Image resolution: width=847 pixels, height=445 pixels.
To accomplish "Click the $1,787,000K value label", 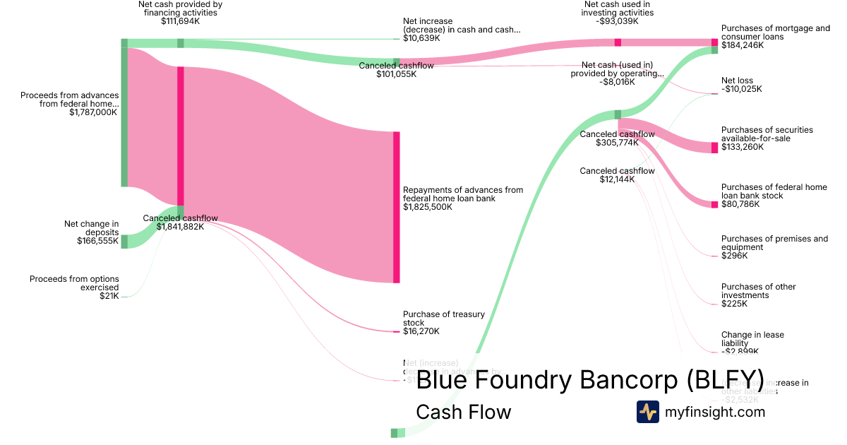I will click(93, 112).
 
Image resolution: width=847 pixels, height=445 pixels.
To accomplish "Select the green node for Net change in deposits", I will click(124, 242).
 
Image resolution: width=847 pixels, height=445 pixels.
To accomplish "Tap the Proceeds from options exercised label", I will click(74, 283).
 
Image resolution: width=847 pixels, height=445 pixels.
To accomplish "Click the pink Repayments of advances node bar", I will click(396, 207).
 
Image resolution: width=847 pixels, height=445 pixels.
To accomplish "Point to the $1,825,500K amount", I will click(428, 208).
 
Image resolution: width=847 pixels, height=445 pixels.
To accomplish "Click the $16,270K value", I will click(421, 331).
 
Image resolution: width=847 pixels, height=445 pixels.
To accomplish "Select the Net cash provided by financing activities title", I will click(180, 8).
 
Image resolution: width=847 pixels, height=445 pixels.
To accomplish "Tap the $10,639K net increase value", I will click(421, 39).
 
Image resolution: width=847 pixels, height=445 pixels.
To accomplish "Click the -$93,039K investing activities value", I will click(617, 21).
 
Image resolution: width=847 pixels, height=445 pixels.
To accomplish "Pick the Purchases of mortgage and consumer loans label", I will click(775, 32).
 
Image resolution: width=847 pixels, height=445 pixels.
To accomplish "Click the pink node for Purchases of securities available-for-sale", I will click(714, 148).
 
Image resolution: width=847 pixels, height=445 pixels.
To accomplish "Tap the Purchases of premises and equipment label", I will click(774, 243).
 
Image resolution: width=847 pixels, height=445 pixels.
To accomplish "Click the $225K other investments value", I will click(734, 304).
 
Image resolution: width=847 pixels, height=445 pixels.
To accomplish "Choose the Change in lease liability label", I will click(752, 339).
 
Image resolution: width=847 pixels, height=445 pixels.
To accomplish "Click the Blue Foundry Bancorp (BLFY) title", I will click(590, 379).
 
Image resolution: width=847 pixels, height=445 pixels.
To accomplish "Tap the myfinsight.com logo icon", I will click(648, 412).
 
